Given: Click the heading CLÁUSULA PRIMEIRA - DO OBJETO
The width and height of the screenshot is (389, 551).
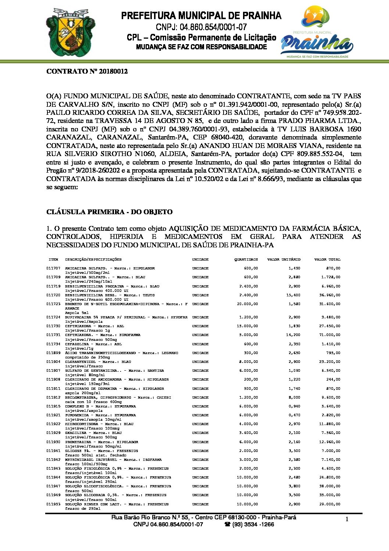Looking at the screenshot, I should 109,212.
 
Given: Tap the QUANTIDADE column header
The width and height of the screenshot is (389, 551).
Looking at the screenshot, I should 246,259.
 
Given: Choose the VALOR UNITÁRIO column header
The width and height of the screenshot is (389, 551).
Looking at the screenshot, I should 283,259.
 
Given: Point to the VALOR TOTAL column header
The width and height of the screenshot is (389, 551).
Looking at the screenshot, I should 327,259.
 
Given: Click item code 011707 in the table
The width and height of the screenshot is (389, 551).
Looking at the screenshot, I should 53,268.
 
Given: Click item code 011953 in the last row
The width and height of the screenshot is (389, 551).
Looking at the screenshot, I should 53,504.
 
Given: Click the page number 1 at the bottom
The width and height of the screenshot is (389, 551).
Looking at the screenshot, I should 347,519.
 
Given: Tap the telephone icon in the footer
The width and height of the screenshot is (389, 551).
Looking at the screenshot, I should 227,524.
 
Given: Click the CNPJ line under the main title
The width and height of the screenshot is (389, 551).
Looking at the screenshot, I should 201,27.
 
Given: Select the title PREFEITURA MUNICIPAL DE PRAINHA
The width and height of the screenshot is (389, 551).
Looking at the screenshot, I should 201,16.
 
